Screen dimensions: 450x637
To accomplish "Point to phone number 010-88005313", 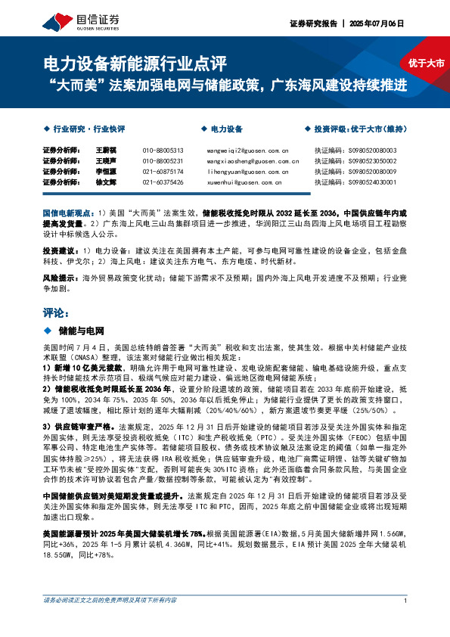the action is (163, 151).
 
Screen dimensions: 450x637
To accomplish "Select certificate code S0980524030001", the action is (376, 182).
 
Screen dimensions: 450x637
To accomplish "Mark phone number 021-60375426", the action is (163, 182).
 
